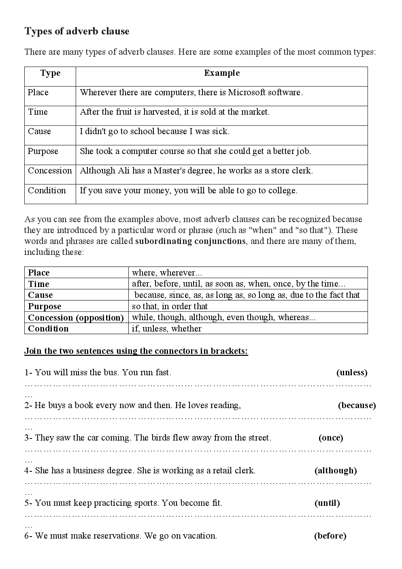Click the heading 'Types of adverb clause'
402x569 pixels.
tap(77, 31)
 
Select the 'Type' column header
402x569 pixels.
tap(50, 73)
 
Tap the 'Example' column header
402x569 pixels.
tap(222, 73)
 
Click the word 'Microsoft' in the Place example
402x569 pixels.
tap(247, 92)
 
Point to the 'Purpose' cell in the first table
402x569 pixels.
tap(43, 151)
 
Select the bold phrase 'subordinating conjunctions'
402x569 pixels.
tap(190, 241)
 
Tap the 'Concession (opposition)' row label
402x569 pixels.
tap(76, 317)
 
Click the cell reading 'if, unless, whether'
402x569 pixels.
tap(167, 329)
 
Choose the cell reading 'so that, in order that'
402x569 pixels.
tap(170, 306)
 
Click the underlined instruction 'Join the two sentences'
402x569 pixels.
tap(136, 351)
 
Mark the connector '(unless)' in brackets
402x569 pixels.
tap(352, 372)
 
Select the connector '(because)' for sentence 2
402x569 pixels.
tap(357, 405)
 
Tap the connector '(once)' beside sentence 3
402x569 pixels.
tap(331, 438)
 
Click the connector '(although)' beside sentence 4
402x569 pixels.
tap(336, 471)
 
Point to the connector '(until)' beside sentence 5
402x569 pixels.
tap(327, 503)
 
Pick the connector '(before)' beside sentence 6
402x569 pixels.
tap(330, 536)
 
